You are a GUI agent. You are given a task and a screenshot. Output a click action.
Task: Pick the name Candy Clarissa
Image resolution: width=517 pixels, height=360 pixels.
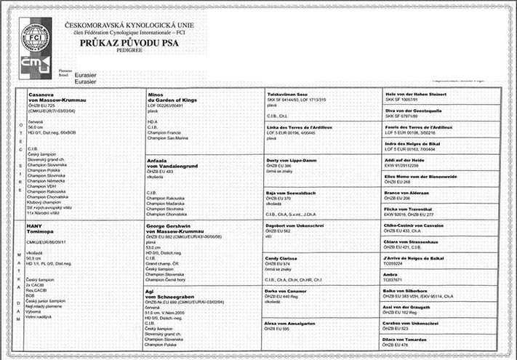[284, 257]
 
